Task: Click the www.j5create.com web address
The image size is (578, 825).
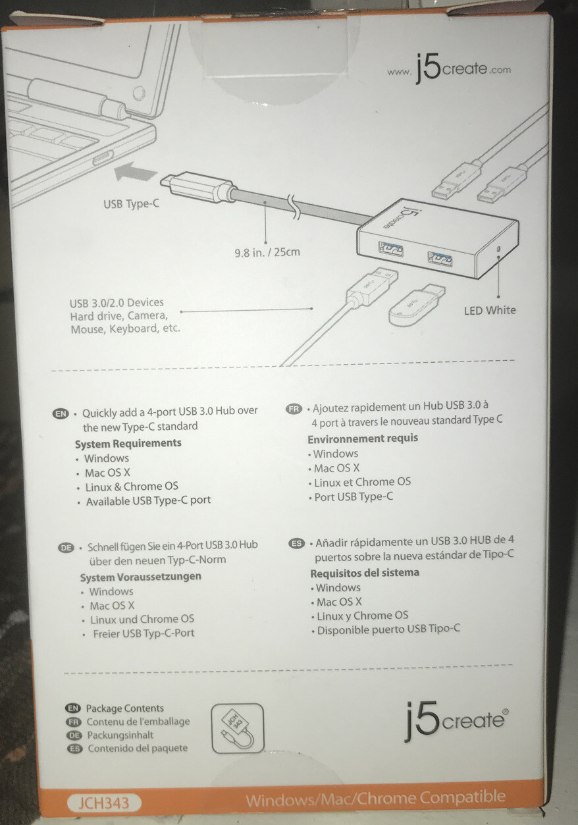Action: click(x=448, y=69)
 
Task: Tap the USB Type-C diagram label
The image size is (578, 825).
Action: click(x=132, y=204)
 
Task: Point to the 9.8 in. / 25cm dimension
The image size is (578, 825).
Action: click(x=268, y=251)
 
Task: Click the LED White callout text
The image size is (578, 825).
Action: click(x=490, y=310)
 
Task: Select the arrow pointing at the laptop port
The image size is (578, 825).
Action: click(x=136, y=174)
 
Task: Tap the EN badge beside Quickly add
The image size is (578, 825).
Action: click(x=61, y=413)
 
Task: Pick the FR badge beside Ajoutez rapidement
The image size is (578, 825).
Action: click(x=294, y=409)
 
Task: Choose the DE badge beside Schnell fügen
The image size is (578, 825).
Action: click(x=66, y=548)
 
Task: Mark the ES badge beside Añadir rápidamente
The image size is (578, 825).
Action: click(x=298, y=544)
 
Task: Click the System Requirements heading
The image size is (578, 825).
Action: click(x=128, y=443)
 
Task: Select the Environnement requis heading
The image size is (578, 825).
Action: click(x=363, y=439)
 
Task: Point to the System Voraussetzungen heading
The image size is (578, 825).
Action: click(x=141, y=577)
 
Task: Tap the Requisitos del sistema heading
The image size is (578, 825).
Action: click(x=365, y=573)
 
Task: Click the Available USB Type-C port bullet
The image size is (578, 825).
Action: click(x=148, y=501)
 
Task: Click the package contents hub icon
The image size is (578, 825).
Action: click(x=236, y=728)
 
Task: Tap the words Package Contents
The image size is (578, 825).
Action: click(x=124, y=708)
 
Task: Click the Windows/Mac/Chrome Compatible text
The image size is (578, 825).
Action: click(x=375, y=799)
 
